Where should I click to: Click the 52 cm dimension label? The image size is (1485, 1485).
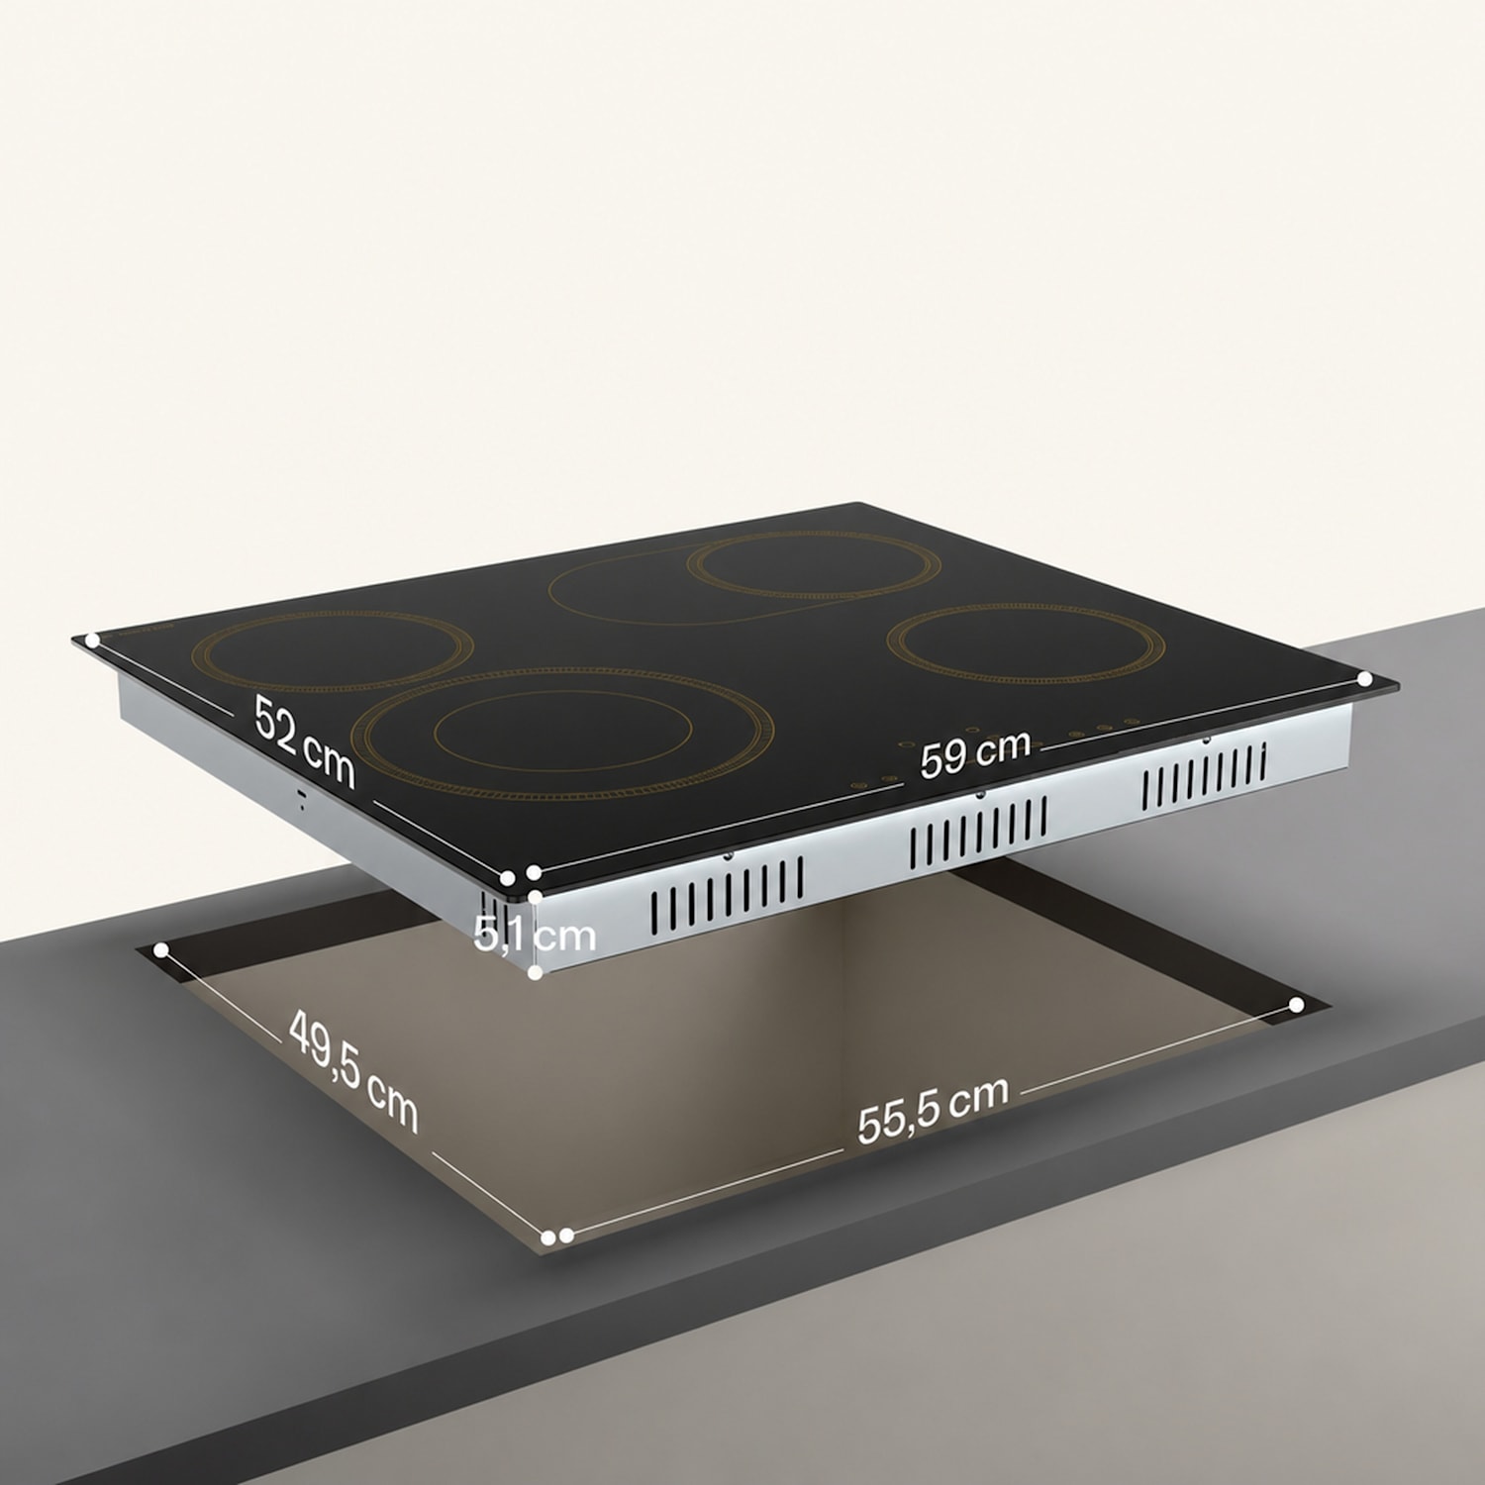304,741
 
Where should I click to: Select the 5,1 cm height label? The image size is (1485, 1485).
535,934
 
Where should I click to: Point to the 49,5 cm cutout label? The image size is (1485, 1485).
353,1071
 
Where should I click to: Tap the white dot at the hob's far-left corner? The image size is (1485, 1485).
92,641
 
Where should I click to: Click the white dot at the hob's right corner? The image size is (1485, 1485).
1365,679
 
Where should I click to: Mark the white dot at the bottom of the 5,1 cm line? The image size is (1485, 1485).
535,973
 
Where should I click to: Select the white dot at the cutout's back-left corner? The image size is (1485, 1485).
161,950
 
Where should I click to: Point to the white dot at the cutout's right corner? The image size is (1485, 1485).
1297,1005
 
